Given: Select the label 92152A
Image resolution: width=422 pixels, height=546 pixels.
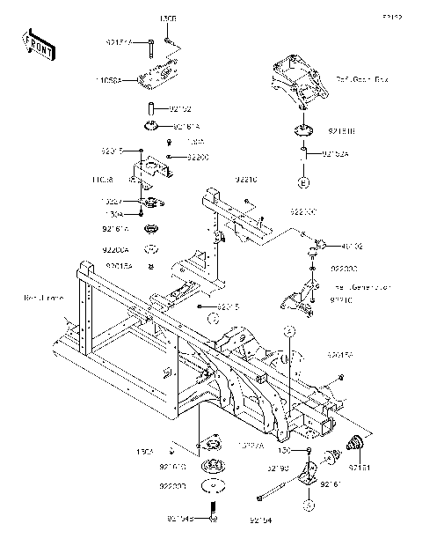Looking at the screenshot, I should [x=334, y=154].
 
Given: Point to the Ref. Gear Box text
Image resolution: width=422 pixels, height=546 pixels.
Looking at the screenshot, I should [x=360, y=78].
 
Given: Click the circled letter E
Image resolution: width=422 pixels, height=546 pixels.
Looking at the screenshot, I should [x=303, y=183].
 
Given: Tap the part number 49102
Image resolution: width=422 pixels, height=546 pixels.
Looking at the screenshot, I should [x=353, y=247].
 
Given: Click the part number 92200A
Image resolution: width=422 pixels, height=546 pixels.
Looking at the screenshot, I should [x=116, y=249].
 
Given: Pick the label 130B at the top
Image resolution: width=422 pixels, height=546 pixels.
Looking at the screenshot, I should [x=167, y=17].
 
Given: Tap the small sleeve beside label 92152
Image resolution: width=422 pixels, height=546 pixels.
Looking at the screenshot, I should [x=150, y=109].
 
